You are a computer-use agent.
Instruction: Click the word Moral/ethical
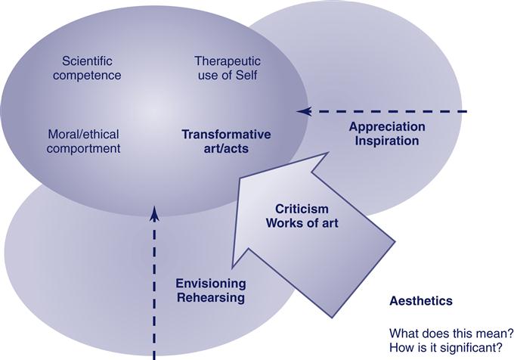(83, 134)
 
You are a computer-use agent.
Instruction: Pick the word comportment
(83, 148)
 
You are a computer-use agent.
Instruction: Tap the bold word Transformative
(226, 134)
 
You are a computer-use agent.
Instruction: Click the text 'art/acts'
(226, 148)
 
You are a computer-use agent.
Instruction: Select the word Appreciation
(386, 126)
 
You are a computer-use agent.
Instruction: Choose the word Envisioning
(210, 284)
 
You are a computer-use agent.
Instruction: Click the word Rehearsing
(210, 297)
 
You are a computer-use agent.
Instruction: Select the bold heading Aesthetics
(420, 301)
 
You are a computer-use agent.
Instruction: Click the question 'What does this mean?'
(451, 333)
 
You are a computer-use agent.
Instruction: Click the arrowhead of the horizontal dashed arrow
(302, 111)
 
